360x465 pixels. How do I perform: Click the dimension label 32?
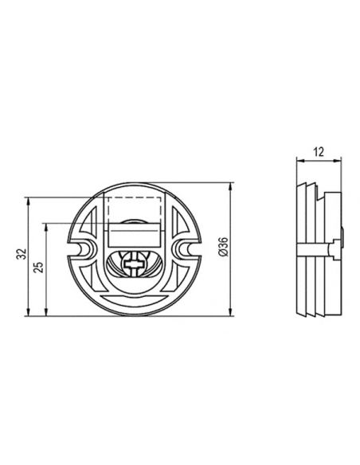coord(22,254)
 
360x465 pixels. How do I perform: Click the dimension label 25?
coord(39,267)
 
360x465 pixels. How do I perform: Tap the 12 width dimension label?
coord(319,152)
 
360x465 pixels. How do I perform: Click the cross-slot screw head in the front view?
coord(135,264)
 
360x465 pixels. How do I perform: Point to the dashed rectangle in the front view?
coord(135,210)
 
